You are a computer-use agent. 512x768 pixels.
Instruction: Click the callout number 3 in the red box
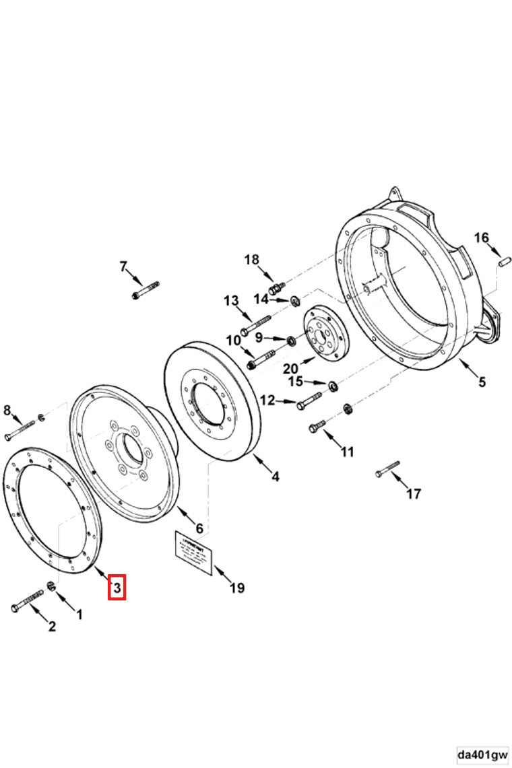[117, 588]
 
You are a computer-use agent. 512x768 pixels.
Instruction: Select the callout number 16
[481, 238]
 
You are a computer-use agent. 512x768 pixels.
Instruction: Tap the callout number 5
[482, 382]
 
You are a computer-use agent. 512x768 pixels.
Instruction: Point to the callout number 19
[236, 588]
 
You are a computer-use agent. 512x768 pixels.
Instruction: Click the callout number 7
[123, 267]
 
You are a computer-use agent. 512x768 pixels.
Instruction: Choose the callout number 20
[290, 368]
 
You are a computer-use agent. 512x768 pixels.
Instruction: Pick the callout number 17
[414, 494]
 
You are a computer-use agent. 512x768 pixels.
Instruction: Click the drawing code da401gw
[482, 754]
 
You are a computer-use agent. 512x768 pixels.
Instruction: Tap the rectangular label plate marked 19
[194, 553]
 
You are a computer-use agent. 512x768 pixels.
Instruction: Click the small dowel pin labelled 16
[503, 259]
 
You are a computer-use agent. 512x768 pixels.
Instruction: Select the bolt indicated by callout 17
[387, 468]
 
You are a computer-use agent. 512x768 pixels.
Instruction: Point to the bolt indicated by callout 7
[146, 291]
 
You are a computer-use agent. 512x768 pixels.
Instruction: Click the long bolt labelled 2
[28, 600]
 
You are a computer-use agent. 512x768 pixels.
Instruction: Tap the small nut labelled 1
[51, 587]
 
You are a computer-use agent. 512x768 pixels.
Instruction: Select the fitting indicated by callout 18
[274, 289]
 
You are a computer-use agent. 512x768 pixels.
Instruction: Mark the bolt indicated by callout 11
[317, 425]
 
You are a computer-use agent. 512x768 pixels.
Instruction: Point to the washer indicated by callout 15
[333, 386]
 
